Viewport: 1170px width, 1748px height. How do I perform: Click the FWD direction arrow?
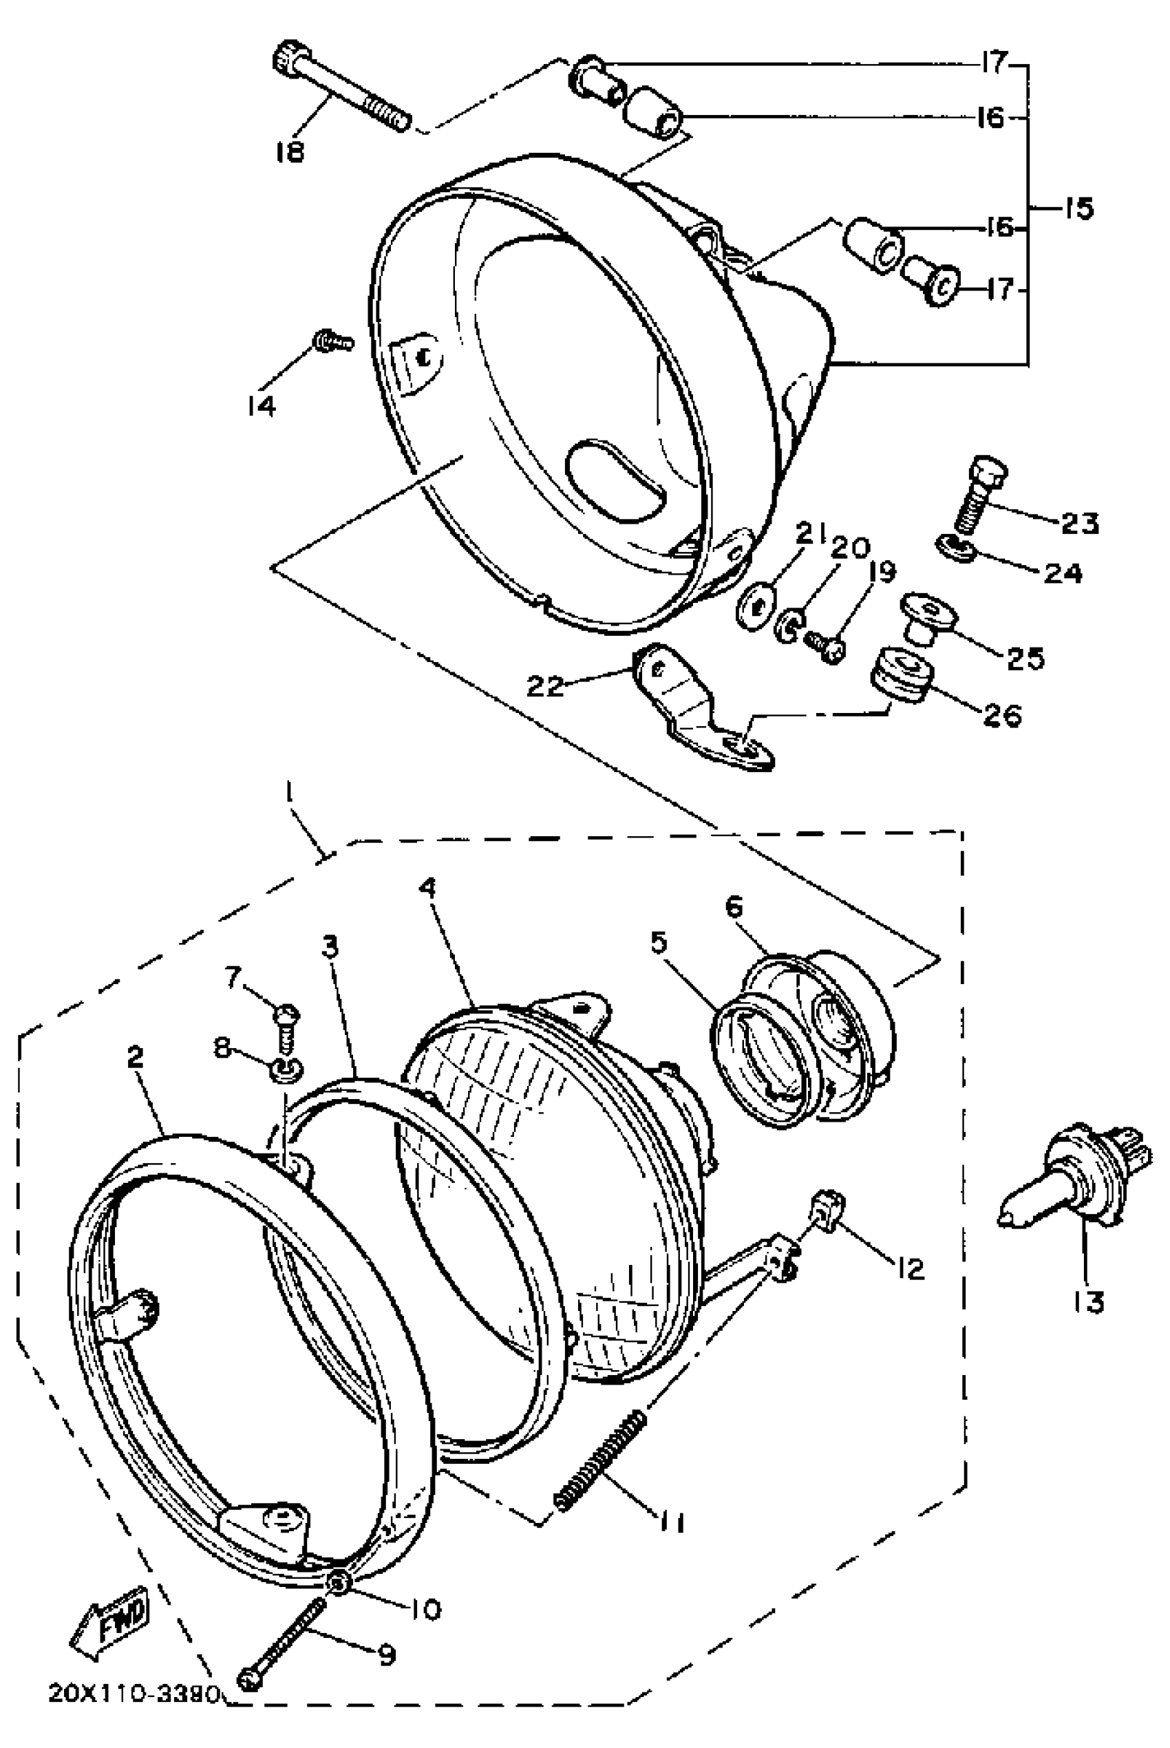point(109,1621)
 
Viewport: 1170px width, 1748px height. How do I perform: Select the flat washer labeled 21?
point(756,606)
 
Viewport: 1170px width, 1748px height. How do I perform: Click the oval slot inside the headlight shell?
point(613,480)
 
